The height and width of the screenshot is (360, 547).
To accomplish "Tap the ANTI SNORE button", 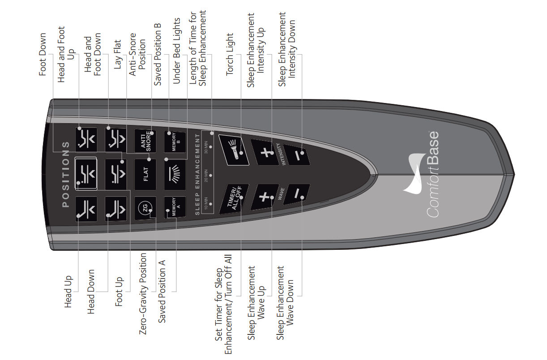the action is pyautogui.click(x=145, y=141).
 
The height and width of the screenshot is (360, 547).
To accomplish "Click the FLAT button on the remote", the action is pyautogui.click(x=145, y=174).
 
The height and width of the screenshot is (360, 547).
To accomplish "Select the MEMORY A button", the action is pyautogui.click(x=175, y=207).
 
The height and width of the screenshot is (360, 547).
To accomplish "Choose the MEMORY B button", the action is pyautogui.click(x=175, y=142).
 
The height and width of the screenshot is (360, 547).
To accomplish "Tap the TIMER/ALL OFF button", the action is pyautogui.click(x=234, y=199).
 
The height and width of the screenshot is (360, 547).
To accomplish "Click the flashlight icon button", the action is pyautogui.click(x=234, y=150).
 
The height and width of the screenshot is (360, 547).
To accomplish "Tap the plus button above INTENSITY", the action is pyautogui.click(x=265, y=152).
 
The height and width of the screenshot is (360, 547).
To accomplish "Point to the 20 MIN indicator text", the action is pyautogui.click(x=206, y=176).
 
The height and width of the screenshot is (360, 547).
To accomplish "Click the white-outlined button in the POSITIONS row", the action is pyautogui.click(x=85, y=174).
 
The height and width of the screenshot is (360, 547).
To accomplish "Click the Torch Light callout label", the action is pyautogui.click(x=230, y=55).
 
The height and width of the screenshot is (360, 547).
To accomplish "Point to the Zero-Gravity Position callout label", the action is pyautogui.click(x=143, y=294).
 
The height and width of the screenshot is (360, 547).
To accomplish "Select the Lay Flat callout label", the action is pyautogui.click(x=117, y=54).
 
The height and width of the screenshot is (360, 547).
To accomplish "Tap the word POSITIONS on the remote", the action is pyautogui.click(x=66, y=174).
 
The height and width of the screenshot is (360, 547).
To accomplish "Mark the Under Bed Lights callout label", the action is pyautogui.click(x=176, y=51).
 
